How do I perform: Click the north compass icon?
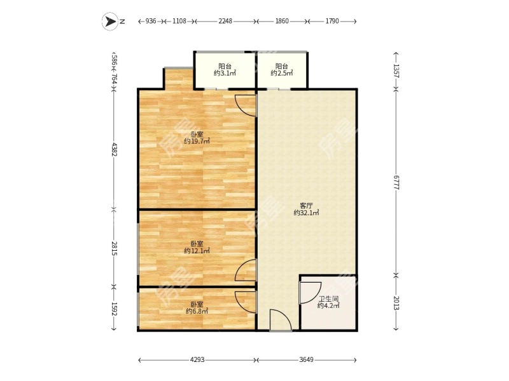113,22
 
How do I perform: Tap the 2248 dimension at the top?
225,22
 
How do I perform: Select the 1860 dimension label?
282,22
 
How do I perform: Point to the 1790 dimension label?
331,22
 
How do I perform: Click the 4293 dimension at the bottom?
197,361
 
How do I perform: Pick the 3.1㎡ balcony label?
225,69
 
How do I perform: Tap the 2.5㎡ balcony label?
281,69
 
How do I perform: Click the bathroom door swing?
310,291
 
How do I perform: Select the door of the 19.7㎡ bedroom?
246,105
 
